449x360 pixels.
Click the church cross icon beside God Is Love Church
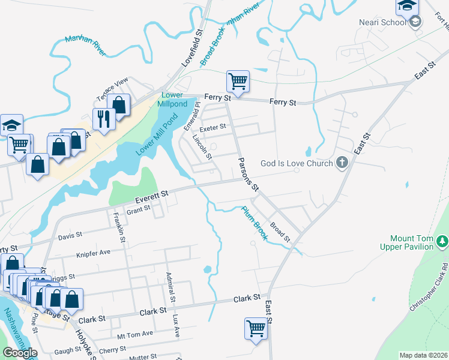pyautogui.click(x=342, y=162)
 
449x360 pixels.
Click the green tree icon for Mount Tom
pyautogui.click(x=442, y=241)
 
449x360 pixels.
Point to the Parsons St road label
pyautogui.click(x=249, y=174)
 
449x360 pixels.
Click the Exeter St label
pyautogui.click(x=212, y=127)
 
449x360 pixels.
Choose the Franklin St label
pyautogui.click(x=118, y=227)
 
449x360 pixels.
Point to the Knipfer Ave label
pyautogui.click(x=93, y=253)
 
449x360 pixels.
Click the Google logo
pyautogui.click(x=20, y=353)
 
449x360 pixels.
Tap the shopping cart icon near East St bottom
pyautogui.click(x=256, y=328)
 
